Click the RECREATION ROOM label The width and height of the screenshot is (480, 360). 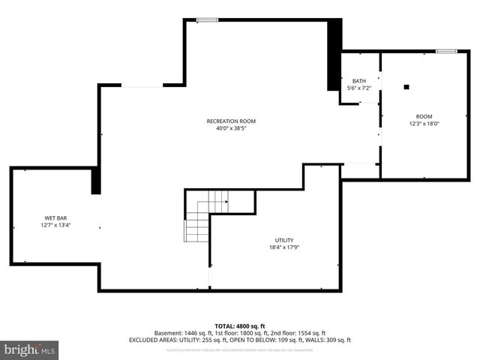(x=231, y=121)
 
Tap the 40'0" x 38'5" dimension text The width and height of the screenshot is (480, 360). (x=231, y=128)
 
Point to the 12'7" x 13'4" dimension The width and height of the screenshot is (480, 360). (x=55, y=225)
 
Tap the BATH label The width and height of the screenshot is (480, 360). (x=359, y=81)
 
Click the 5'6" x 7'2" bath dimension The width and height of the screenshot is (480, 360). (x=359, y=88)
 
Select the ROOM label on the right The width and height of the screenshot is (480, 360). (x=424, y=116)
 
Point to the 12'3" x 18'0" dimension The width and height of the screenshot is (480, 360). (x=424, y=124)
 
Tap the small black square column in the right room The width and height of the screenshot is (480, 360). (x=406, y=87)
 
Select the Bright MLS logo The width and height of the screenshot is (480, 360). (x=29, y=349)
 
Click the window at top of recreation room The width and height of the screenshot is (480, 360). (x=207, y=19)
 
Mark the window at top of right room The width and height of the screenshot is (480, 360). (x=446, y=51)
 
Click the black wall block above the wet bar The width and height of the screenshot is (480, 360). (x=95, y=181)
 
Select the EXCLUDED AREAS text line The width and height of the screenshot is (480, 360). (x=239, y=340)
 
